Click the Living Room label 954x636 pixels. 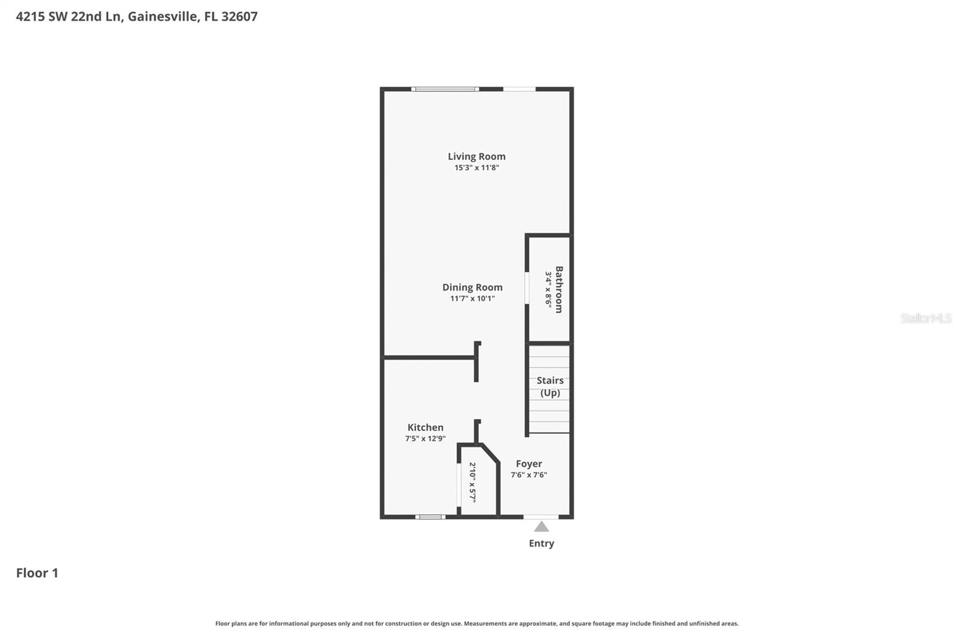click(476, 156)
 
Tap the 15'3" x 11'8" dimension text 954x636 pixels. click(476, 168)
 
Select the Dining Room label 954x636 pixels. click(472, 287)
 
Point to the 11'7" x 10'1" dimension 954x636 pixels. click(472, 298)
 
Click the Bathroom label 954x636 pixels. click(559, 289)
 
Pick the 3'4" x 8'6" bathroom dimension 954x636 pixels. click(548, 289)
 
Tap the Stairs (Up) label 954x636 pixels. click(550, 386)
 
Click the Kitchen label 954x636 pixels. click(425, 427)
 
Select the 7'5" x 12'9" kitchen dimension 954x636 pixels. click(425, 439)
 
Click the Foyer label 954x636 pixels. click(529, 464)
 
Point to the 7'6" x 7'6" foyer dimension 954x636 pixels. click(529, 475)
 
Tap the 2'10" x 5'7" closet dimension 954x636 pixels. click(472, 481)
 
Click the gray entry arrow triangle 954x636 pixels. click(541, 526)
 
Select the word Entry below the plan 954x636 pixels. click(541, 543)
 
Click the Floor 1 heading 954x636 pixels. click(37, 573)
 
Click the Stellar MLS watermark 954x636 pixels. click(925, 318)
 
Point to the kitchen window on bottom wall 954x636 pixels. click(430, 517)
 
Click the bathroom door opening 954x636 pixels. click(527, 289)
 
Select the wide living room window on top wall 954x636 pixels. click(445, 89)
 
